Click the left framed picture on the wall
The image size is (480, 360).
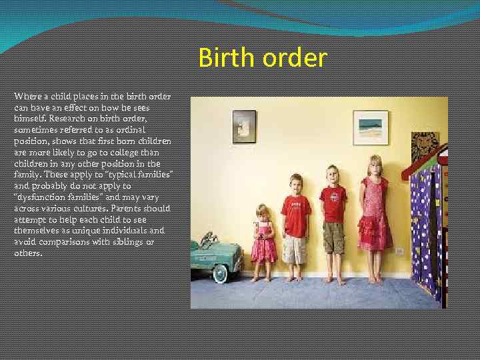point(244,126)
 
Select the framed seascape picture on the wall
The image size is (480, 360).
point(370,127)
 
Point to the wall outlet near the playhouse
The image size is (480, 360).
point(400,251)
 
